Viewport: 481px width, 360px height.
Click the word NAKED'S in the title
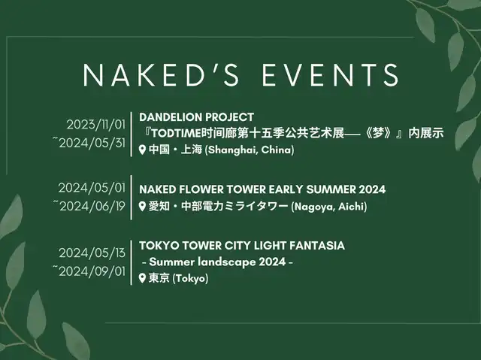(x=161, y=74)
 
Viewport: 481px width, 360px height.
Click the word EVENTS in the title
(x=331, y=74)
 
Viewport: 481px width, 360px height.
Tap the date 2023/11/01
(x=96, y=125)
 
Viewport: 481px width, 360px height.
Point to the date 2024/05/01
(x=92, y=188)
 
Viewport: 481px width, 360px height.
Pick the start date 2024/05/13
(x=92, y=253)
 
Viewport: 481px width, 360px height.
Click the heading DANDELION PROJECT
(x=196, y=116)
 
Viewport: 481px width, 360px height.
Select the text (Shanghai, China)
(x=249, y=150)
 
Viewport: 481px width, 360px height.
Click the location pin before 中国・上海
(x=142, y=150)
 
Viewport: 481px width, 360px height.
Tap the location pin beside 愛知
(x=142, y=207)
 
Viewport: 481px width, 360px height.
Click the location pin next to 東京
(x=142, y=278)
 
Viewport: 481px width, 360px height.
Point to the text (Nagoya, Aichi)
(x=329, y=207)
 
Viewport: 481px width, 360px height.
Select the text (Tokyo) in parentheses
(x=190, y=278)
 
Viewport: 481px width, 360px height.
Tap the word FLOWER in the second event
(x=201, y=189)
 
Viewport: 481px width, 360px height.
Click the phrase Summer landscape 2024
(x=217, y=262)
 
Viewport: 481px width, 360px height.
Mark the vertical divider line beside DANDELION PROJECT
(x=132, y=135)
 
